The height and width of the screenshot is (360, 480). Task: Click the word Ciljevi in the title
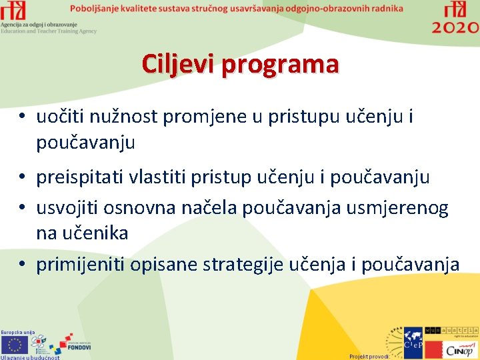(x=179, y=65)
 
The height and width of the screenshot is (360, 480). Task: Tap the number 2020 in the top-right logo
(x=455, y=27)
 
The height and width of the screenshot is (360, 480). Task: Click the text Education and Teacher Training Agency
(x=49, y=31)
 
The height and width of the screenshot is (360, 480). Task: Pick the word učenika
(x=97, y=233)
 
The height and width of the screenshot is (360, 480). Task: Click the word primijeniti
(x=81, y=265)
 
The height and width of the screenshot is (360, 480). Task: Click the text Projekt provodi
(x=369, y=357)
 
